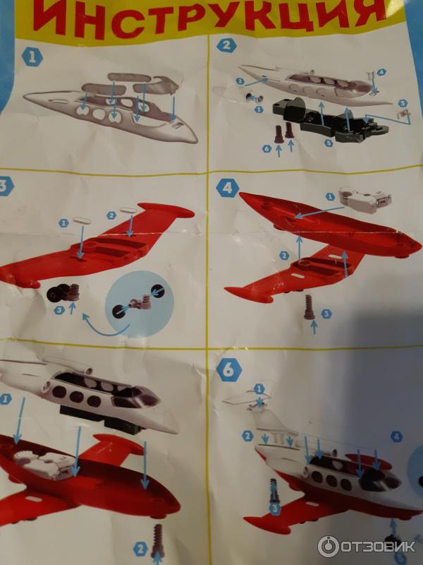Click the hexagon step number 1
tap(32, 58)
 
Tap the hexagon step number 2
tap(226, 45)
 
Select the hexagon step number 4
tap(228, 188)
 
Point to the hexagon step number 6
tap(228, 370)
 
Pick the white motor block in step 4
tap(364, 198)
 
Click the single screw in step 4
tap(309, 307)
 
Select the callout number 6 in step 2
tap(266, 148)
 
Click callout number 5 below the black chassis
tap(329, 143)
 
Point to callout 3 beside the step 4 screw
tap(326, 314)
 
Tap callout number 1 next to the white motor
tap(330, 196)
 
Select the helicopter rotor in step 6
tap(248, 400)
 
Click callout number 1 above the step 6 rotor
tap(259, 389)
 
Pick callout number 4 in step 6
tap(396, 436)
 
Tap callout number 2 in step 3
tap(111, 215)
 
